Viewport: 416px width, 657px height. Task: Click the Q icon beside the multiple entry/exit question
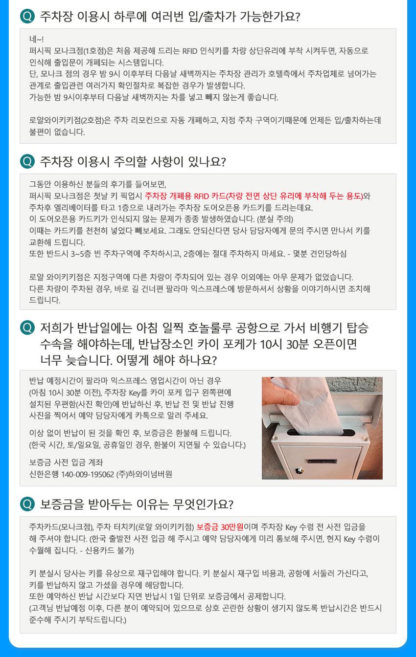coord(27,16)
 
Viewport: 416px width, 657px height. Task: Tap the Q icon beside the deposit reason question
coord(27,504)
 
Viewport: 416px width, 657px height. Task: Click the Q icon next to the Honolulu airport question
coord(27,328)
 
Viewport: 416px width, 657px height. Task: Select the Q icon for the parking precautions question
coord(27,161)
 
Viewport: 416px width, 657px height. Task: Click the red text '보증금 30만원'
coord(220,527)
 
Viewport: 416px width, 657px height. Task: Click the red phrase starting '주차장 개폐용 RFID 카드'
coord(254,196)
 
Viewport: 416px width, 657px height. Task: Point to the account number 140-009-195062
coord(88,474)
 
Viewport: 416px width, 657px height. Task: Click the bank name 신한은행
coord(44,474)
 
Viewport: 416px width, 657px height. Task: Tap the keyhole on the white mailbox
coord(299,471)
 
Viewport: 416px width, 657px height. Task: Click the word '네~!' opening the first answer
coord(36,39)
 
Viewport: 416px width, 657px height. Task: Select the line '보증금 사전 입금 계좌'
coord(66,462)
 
